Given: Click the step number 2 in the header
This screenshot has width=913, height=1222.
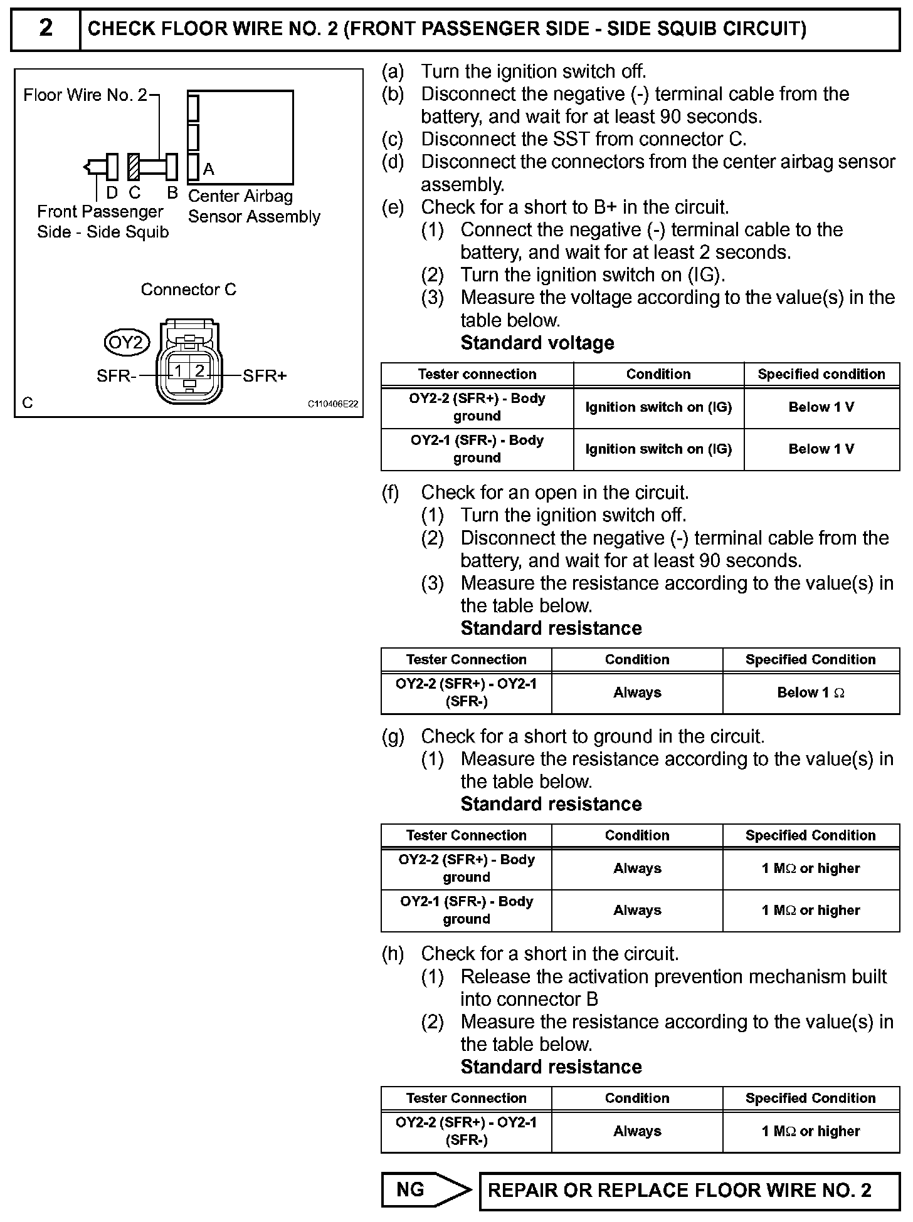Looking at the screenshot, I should pyautogui.click(x=46, y=29).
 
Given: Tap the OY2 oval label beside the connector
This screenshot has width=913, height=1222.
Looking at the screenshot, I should pyautogui.click(x=127, y=342).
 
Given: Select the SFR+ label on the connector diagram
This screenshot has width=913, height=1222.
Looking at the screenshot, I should pyautogui.click(x=265, y=376).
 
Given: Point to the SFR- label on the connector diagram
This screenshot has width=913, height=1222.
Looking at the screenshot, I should pyautogui.click(x=116, y=376).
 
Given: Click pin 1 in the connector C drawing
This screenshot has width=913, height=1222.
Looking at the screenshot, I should pyautogui.click(x=179, y=371).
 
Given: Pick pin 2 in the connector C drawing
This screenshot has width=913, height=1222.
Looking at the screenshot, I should pyautogui.click(x=199, y=371).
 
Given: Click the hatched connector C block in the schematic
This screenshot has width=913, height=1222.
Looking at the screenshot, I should pyautogui.click(x=133, y=167).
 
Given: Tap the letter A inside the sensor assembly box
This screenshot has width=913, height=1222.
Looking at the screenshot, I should pyautogui.click(x=209, y=169).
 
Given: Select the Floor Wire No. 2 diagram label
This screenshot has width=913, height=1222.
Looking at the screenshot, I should pyautogui.click(x=85, y=95).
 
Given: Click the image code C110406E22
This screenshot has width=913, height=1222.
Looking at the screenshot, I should pyautogui.click(x=332, y=404).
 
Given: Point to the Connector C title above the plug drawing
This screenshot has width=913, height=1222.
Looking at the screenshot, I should pyautogui.click(x=188, y=290).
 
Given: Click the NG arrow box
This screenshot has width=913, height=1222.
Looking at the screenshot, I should pyautogui.click(x=426, y=1189).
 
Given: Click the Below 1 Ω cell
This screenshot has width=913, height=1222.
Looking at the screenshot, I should pyautogui.click(x=810, y=692).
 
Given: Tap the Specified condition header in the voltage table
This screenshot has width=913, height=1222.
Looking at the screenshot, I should pyautogui.click(x=821, y=374).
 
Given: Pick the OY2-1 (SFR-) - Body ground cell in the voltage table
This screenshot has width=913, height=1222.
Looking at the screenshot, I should pyautogui.click(x=477, y=449).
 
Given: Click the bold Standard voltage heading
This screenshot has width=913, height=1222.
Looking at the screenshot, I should pyautogui.click(x=537, y=343).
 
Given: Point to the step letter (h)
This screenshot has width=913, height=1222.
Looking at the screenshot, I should pyautogui.click(x=393, y=954).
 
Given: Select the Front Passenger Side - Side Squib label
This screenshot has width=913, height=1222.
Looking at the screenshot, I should pyautogui.click(x=102, y=222).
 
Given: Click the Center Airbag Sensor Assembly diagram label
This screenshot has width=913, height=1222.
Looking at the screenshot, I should pyautogui.click(x=253, y=206).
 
